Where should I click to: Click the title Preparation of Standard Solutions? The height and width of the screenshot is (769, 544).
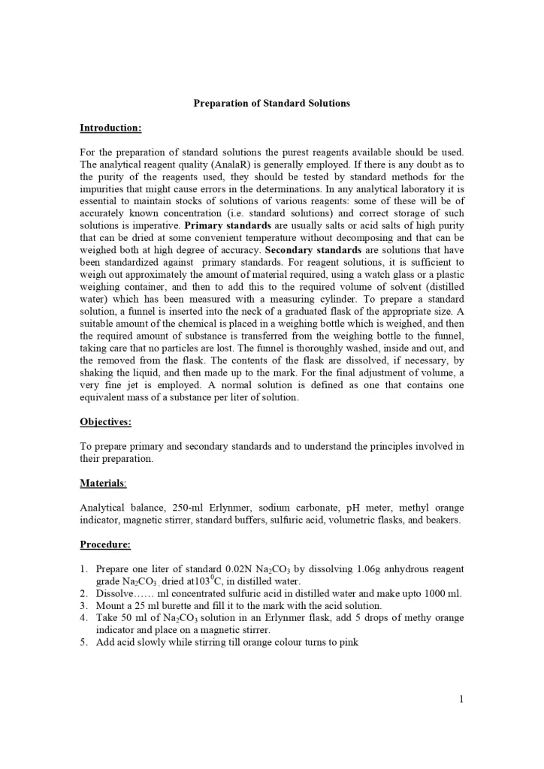(271, 103)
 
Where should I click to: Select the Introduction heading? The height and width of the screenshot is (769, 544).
(110, 128)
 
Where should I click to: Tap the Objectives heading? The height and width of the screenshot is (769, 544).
(105, 422)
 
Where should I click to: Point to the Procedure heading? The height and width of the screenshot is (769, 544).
(105, 544)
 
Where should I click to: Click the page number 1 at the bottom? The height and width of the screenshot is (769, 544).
(461, 700)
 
